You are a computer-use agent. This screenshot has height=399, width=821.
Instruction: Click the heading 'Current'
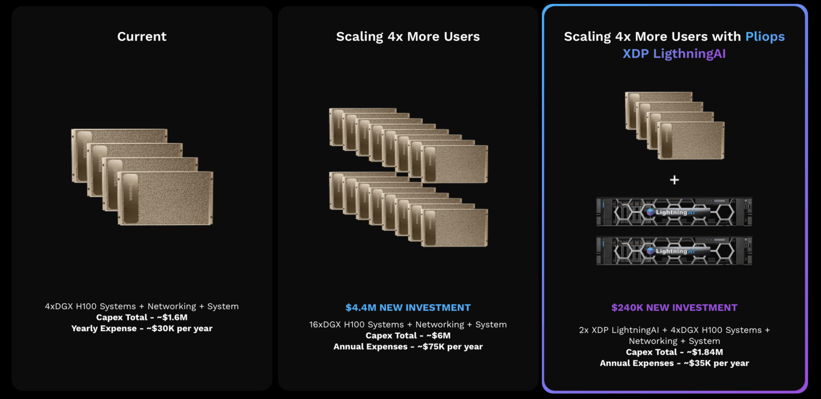(142, 36)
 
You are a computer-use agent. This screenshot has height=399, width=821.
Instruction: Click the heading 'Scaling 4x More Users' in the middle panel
(408, 36)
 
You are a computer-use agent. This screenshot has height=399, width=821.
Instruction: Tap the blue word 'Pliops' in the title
(765, 37)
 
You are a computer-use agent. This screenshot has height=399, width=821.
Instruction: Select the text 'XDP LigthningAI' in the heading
(674, 53)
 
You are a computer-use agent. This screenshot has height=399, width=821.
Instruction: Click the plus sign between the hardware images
(675, 180)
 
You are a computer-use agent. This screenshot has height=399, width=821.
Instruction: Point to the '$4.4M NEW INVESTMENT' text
(408, 308)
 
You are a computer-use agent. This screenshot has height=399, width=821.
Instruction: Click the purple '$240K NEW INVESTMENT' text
(674, 308)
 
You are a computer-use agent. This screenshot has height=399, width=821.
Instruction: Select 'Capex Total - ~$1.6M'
(142, 317)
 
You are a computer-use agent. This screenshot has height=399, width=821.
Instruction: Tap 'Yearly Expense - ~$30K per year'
(142, 328)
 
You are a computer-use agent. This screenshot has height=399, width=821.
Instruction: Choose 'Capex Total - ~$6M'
(408, 335)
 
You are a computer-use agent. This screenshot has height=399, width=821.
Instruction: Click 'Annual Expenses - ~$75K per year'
(408, 347)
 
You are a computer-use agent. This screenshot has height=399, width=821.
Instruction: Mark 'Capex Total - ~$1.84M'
(675, 352)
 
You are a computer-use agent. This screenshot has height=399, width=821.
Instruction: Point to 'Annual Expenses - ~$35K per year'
(675, 363)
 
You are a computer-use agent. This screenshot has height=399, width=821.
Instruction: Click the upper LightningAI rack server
(674, 212)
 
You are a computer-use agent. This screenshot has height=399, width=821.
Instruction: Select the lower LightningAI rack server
(674, 251)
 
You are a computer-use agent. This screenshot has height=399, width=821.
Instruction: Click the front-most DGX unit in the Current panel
(165, 198)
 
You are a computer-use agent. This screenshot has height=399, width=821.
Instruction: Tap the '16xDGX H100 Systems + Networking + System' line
(408, 325)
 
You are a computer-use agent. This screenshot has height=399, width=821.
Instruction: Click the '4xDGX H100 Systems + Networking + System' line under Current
(142, 306)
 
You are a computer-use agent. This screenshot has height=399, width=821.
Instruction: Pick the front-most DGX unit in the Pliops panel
(691, 141)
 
